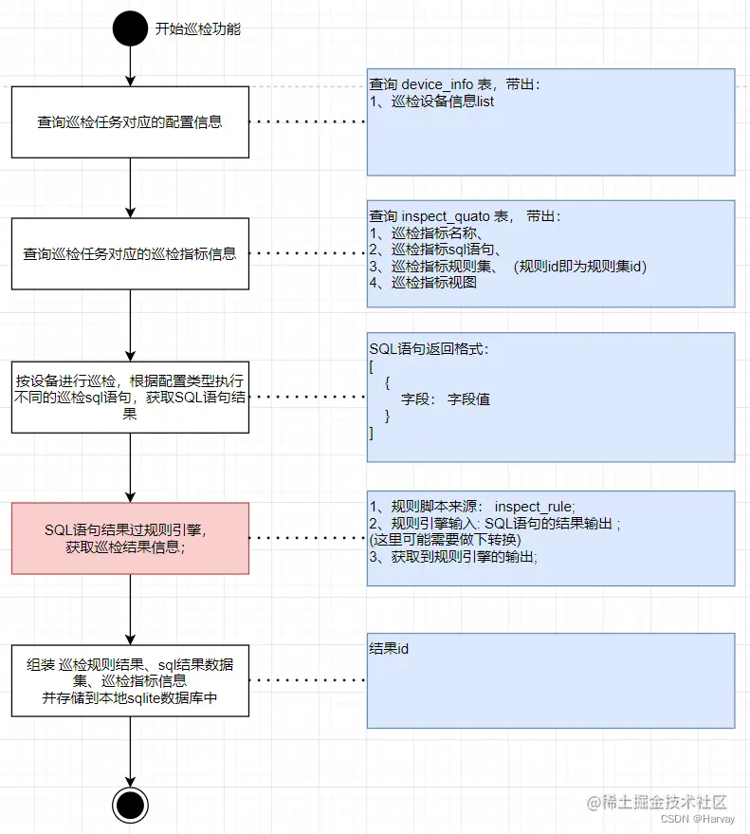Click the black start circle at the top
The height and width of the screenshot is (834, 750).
tap(130, 28)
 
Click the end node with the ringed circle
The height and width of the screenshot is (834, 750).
tap(130, 805)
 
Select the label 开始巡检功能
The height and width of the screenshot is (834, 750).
tap(198, 28)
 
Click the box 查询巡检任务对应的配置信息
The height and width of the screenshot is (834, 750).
tap(130, 122)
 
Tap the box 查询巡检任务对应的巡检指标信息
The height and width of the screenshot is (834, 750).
tap(130, 254)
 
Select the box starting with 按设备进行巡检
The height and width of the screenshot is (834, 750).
tap(130, 398)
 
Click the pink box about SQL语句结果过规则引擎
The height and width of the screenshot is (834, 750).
tap(130, 538)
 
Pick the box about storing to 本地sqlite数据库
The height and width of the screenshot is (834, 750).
tap(130, 681)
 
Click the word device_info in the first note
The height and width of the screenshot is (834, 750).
tap(437, 84)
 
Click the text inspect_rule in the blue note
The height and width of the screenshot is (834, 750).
tap(535, 506)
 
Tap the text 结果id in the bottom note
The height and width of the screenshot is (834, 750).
tap(389, 649)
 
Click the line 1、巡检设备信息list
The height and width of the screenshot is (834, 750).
tap(432, 101)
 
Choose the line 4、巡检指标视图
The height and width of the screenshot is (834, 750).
tap(423, 282)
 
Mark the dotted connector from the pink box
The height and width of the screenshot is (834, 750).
tap(307, 538)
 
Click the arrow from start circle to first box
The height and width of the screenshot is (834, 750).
tap(130, 66)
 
